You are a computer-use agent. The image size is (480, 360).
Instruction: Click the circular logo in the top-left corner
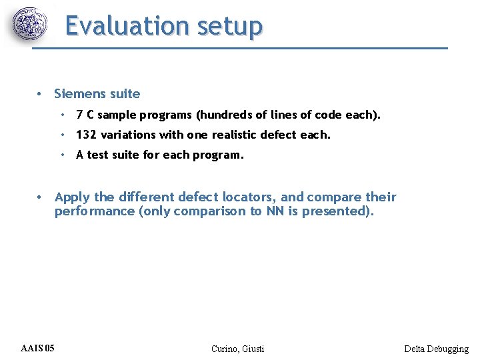click(x=31, y=25)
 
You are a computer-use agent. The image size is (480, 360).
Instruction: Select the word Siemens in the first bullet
click(x=79, y=94)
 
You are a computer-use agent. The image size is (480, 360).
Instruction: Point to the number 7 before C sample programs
click(x=79, y=115)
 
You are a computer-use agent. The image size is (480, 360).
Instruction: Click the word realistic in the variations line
click(x=236, y=135)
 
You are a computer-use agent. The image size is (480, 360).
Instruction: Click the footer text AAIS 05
click(x=38, y=348)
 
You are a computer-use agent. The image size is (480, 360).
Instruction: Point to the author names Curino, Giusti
click(x=237, y=349)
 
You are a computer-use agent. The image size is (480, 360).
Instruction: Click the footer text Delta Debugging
click(x=436, y=349)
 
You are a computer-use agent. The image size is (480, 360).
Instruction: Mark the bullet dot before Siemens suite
click(x=40, y=94)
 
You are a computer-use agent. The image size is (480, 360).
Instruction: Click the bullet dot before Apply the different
click(x=40, y=197)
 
